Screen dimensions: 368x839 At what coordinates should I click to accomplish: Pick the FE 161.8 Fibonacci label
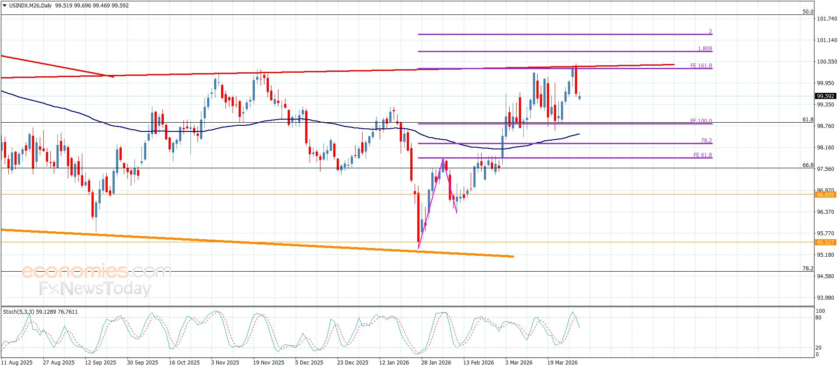pyautogui.click(x=701, y=66)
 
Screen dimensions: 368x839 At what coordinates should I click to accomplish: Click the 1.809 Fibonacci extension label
pyautogui.click(x=705, y=49)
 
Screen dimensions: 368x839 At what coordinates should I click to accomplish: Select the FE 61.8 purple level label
pyautogui.click(x=702, y=155)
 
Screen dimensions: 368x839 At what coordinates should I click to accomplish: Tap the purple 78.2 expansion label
pyautogui.click(x=706, y=141)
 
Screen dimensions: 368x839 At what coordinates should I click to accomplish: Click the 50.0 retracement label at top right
pyautogui.click(x=807, y=12)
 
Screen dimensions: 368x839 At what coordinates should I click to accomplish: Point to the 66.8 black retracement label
pyautogui.click(x=807, y=165)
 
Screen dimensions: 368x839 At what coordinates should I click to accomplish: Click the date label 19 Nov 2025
pyautogui.click(x=268, y=362)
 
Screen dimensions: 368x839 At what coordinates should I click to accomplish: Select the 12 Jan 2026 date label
pyautogui.click(x=394, y=362)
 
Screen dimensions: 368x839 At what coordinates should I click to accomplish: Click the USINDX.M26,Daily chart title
pyautogui.click(x=31, y=6)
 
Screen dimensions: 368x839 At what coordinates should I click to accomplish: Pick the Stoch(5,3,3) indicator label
pyautogui.click(x=18, y=312)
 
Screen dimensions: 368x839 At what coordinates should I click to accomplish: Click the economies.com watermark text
pyautogui.click(x=96, y=271)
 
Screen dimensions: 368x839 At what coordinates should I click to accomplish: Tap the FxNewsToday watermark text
pyautogui.click(x=95, y=289)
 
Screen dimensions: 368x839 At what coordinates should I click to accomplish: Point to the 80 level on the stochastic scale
pyautogui.click(x=818, y=318)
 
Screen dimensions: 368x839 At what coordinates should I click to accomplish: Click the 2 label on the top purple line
pyautogui.click(x=710, y=32)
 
